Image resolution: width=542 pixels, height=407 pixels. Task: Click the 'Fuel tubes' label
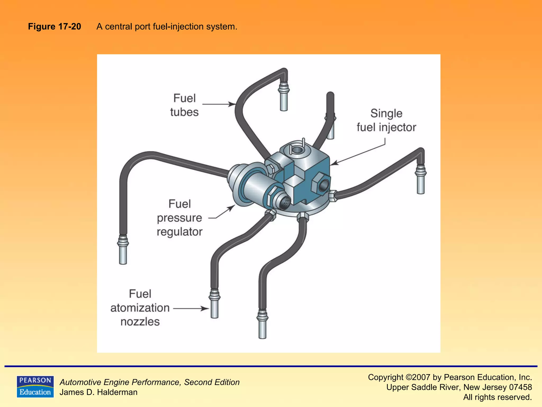(x=184, y=105)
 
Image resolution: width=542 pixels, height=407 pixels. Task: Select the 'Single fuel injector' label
(x=386, y=120)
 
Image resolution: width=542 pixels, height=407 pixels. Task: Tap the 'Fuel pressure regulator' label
(x=180, y=218)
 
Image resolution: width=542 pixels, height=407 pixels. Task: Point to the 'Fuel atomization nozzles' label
(x=140, y=308)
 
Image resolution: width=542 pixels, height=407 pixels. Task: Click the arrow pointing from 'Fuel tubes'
(x=219, y=104)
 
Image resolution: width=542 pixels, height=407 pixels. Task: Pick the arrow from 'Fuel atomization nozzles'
(x=191, y=308)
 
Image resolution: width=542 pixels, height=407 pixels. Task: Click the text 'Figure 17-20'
(x=55, y=26)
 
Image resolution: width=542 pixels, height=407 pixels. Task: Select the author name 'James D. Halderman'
(x=98, y=392)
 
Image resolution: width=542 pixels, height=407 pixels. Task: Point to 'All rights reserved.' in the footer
(x=497, y=397)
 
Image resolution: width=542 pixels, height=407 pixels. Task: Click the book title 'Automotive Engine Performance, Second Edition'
(x=150, y=382)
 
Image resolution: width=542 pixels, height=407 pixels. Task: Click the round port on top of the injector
(x=297, y=150)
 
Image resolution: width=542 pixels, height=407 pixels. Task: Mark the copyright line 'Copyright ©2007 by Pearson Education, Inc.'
(x=450, y=377)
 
